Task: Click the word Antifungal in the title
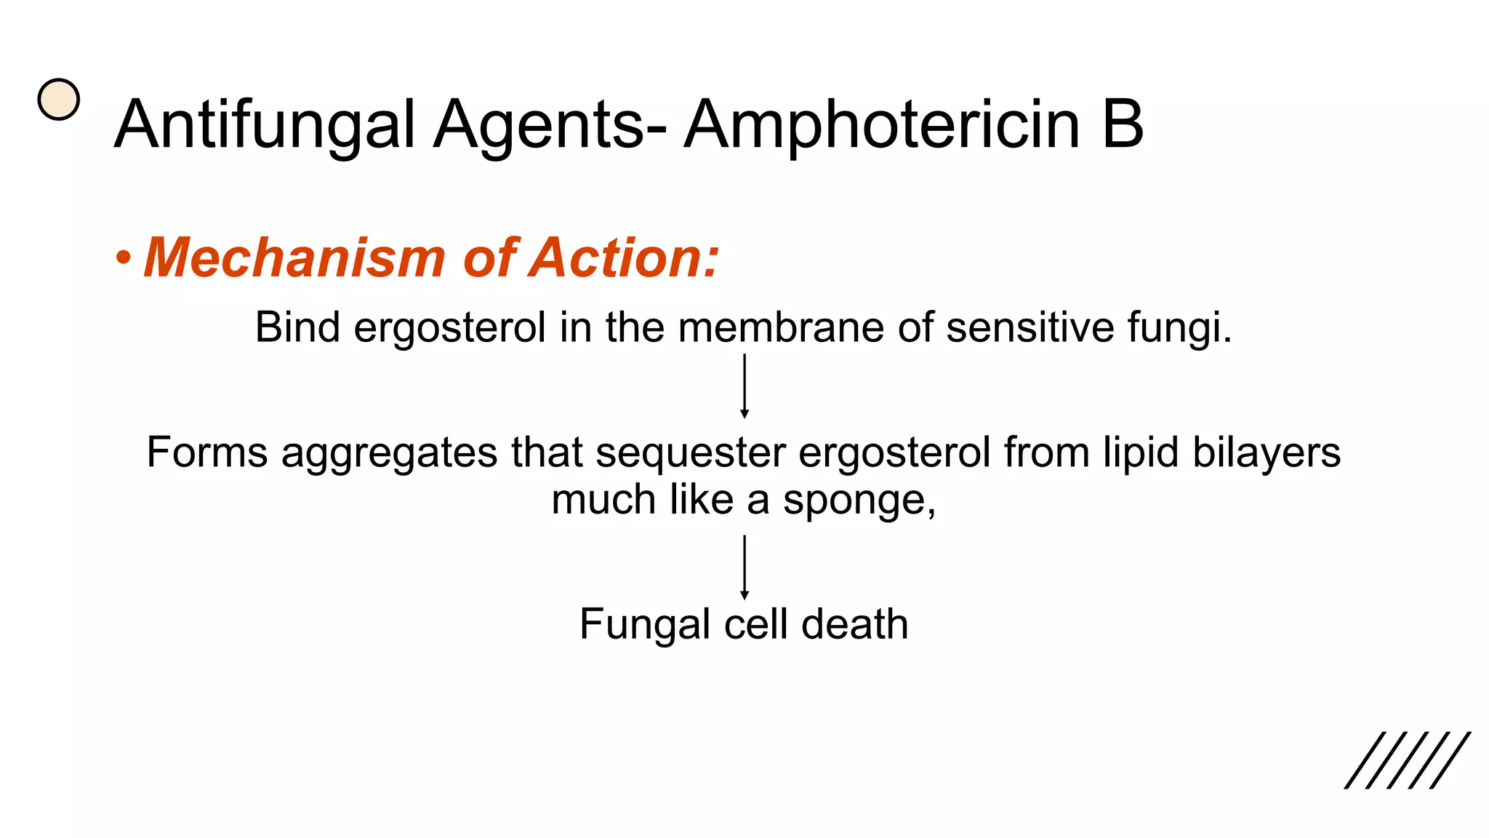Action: [265, 125]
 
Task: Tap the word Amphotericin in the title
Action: [881, 125]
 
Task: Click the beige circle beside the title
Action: [59, 100]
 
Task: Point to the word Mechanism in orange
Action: [294, 258]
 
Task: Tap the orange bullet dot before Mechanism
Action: [124, 259]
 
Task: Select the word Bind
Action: [297, 327]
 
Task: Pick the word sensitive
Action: [1030, 327]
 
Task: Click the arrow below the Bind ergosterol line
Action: [744, 386]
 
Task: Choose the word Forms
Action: [207, 452]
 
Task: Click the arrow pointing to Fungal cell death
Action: [744, 567]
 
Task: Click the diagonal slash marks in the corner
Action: [1407, 760]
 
